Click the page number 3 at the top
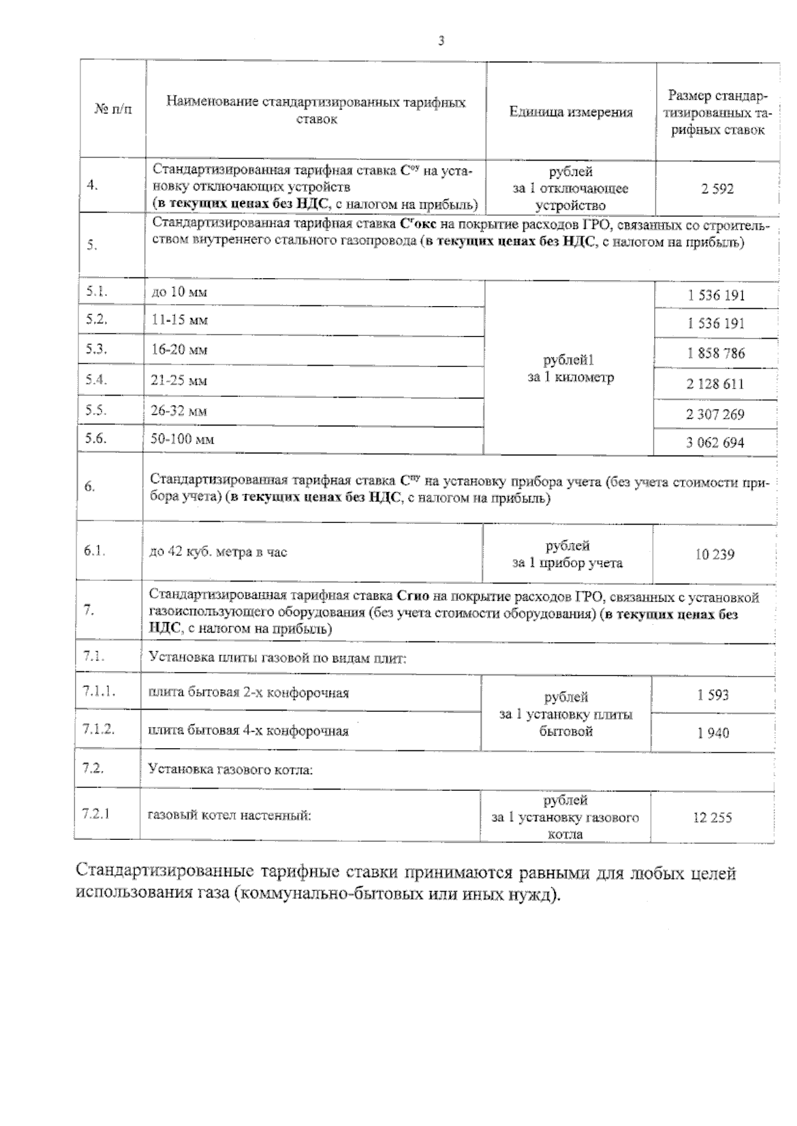coord(441,41)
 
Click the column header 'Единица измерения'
coord(571,112)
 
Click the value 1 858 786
coord(716,353)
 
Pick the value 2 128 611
coord(715,384)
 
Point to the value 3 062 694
coord(715,443)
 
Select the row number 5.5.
coord(96,410)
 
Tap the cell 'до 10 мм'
coord(179,292)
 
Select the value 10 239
coord(715,554)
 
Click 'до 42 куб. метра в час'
coord(219,552)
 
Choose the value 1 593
coord(713,695)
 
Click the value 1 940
coord(713,733)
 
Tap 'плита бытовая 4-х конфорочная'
coord(248,731)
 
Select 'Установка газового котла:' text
coord(230,770)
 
